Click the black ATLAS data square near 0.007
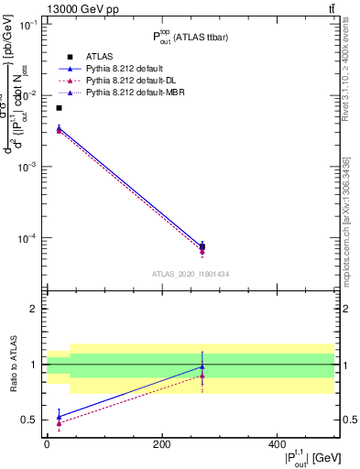(60, 108)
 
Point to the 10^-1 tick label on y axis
(28, 25)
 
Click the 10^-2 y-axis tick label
(28, 95)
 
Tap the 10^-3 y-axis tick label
(28, 167)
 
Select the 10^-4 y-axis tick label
(28, 238)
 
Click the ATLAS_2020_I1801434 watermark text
(191, 274)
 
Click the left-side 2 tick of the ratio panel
(35, 309)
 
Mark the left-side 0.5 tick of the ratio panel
(31, 420)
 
